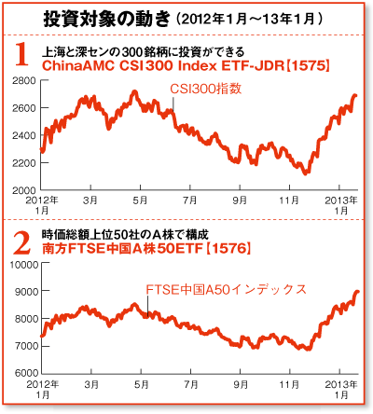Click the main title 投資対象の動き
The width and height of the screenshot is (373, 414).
[107, 20]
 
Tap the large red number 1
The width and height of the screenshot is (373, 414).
[22, 54]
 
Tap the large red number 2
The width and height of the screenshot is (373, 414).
[22, 243]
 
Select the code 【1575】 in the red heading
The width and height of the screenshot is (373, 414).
[308, 66]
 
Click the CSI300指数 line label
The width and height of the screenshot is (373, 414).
[205, 89]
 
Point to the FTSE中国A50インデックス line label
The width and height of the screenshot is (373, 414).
[226, 290]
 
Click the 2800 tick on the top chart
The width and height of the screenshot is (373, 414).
[24, 81]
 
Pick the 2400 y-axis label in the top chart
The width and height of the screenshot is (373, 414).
[24, 135]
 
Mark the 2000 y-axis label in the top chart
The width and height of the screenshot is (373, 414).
[24, 190]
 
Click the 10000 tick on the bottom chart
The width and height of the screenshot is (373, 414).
[24, 265]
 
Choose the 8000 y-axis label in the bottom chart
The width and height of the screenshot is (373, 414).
[26, 319]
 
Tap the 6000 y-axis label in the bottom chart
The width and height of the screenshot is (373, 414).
[26, 373]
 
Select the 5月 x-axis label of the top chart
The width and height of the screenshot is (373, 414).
[140, 200]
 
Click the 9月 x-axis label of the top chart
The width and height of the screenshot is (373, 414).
[240, 200]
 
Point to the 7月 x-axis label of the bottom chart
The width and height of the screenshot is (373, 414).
[191, 384]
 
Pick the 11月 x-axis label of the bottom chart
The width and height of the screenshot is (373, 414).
[289, 384]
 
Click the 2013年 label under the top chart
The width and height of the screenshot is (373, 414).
[341, 200]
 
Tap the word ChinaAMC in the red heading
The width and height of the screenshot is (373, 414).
[78, 66]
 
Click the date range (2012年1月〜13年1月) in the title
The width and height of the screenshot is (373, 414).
[249, 20]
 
